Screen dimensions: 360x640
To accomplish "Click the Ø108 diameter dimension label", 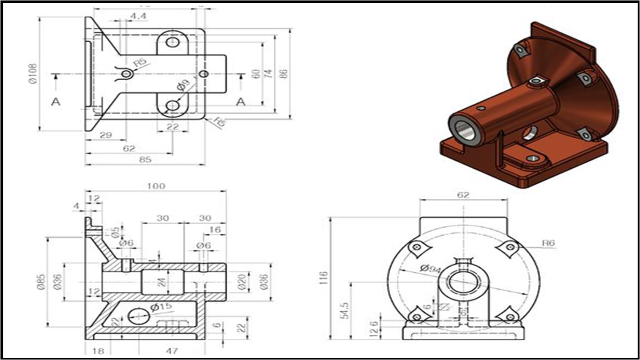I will coord(33,74).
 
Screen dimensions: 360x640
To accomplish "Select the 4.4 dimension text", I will coord(138,16).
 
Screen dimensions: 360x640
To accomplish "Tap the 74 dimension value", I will coord(268,74).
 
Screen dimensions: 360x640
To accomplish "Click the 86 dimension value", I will coord(283,74).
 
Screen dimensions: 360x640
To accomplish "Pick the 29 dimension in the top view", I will coord(106,135).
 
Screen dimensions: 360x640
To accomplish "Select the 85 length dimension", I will coord(145,159).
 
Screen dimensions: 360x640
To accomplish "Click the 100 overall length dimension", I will coord(156,186).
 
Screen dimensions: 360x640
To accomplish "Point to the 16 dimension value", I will coord(215,230).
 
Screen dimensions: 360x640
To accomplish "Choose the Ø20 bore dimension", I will coord(242,281).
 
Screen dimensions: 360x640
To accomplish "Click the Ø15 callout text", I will coord(161,307).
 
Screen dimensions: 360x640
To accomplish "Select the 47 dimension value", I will coord(172,351).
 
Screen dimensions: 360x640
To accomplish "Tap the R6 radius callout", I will coord(548,243).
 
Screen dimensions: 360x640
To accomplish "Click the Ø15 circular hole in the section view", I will coord(139,315).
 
